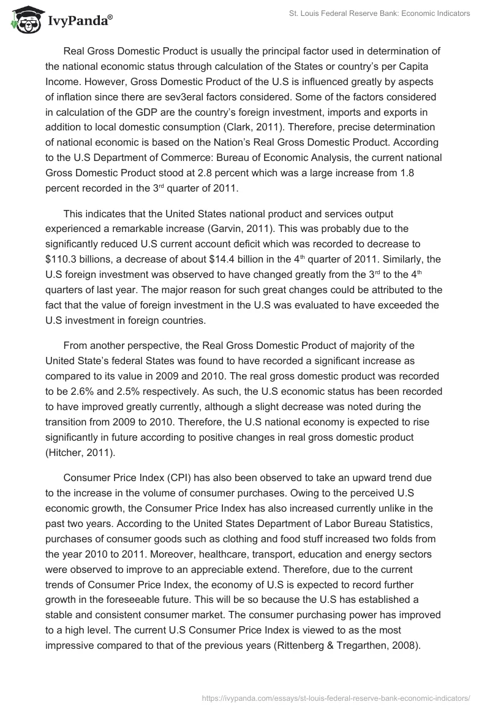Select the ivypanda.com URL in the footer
(336, 697)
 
